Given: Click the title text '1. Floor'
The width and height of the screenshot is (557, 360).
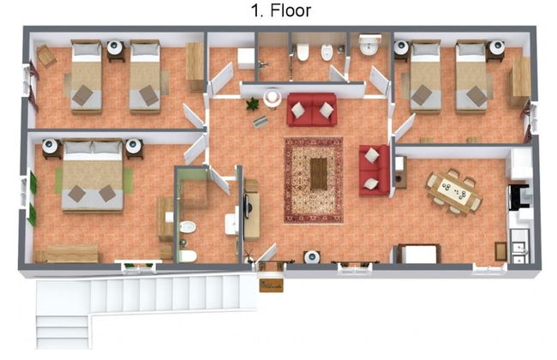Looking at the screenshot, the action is click(x=280, y=10).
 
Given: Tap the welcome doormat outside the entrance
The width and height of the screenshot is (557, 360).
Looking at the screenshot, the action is click(x=272, y=285).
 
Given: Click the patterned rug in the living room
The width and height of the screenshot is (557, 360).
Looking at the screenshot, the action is click(x=314, y=180).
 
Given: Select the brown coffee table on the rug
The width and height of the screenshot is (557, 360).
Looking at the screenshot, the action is click(x=319, y=174).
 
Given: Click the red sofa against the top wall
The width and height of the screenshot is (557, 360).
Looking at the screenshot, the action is click(x=312, y=110).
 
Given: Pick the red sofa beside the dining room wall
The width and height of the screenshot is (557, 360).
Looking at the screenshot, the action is click(x=374, y=170).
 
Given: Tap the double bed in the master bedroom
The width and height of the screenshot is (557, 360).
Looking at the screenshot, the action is click(x=93, y=176).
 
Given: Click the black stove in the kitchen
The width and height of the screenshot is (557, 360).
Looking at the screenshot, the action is click(x=518, y=196).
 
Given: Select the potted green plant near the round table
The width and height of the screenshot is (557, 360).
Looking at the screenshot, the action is click(x=253, y=104).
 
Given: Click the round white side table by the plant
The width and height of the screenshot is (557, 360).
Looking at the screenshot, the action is click(x=273, y=98).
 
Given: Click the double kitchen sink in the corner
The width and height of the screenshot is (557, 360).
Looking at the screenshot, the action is click(x=519, y=245).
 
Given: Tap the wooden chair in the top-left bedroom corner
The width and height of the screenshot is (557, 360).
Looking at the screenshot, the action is click(x=46, y=56).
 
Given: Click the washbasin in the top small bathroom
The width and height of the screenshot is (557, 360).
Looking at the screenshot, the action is click(x=370, y=45).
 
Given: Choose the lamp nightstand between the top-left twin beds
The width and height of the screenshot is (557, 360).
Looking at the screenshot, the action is click(x=116, y=50).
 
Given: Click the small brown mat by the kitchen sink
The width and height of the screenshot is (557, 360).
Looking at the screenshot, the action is click(x=500, y=251).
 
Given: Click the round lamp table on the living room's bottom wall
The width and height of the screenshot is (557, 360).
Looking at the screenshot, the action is click(x=312, y=256).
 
